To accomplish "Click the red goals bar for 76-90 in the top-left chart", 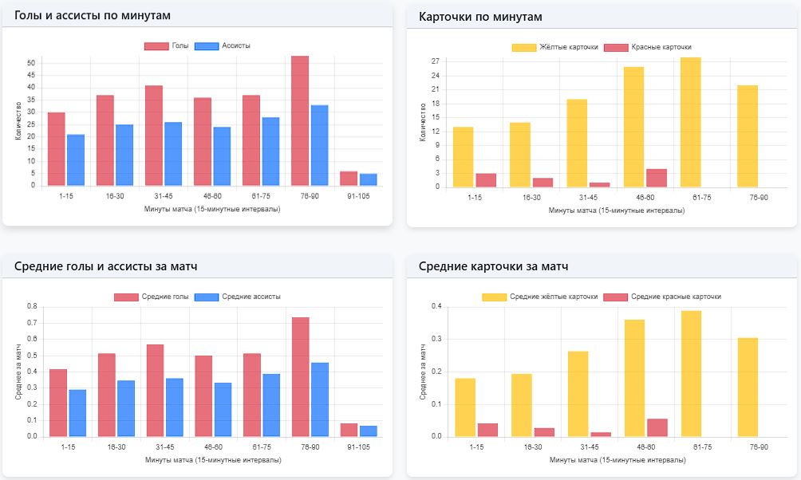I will pyautogui.click(x=300, y=121).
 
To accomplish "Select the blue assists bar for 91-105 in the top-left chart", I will pyautogui.click(x=368, y=179).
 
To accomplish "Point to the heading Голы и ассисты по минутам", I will pyautogui.click(x=93, y=16).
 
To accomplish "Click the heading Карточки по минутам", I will pyautogui.click(x=480, y=17).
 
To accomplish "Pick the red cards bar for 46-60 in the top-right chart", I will pyautogui.click(x=657, y=178).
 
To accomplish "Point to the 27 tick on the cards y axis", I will pyautogui.click(x=436, y=61).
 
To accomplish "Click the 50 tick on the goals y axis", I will pyautogui.click(x=31, y=63).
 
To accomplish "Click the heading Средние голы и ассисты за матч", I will pyautogui.click(x=106, y=266).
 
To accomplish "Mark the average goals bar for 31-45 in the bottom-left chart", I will pyautogui.click(x=155, y=391).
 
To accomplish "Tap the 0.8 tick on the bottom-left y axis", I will pyautogui.click(x=32, y=306).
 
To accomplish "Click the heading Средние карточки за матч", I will pyautogui.click(x=493, y=266).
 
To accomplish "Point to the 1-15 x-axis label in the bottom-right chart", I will pyautogui.click(x=475, y=447).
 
